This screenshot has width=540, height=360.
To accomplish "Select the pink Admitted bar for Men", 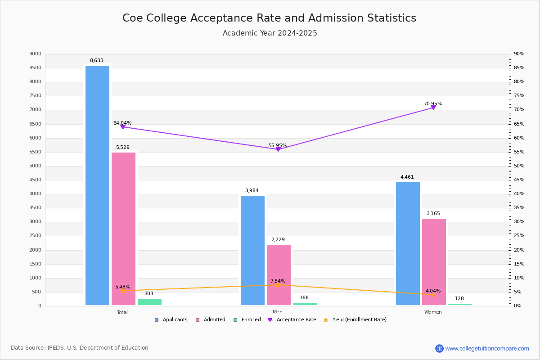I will coord(279,275).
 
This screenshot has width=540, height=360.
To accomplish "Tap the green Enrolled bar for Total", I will coord(149,302).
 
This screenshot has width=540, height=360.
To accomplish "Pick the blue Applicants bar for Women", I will coord(408,243).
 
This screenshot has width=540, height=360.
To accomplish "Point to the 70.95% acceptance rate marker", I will coord(433,107).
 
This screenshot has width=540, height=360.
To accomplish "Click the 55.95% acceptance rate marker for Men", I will coord(278,149).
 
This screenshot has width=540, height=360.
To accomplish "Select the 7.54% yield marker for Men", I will coord(278,285).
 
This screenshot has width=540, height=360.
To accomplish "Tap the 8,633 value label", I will coord(96,60).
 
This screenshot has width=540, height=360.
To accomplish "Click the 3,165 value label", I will coord(433,213).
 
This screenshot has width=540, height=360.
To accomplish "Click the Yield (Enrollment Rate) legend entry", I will coord(359,319).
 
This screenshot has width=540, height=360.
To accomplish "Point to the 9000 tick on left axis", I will coord(35,54).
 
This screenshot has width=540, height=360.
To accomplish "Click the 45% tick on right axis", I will coord(519,180).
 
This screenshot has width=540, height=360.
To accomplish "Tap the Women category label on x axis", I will coord(433,312).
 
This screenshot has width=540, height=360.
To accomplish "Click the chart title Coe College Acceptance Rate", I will coord(269,18).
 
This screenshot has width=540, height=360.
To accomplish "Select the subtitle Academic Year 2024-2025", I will coord(270,33).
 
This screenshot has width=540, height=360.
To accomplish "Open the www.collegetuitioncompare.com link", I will coord(487,348).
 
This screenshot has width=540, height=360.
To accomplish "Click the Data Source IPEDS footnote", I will coord(80,348).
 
